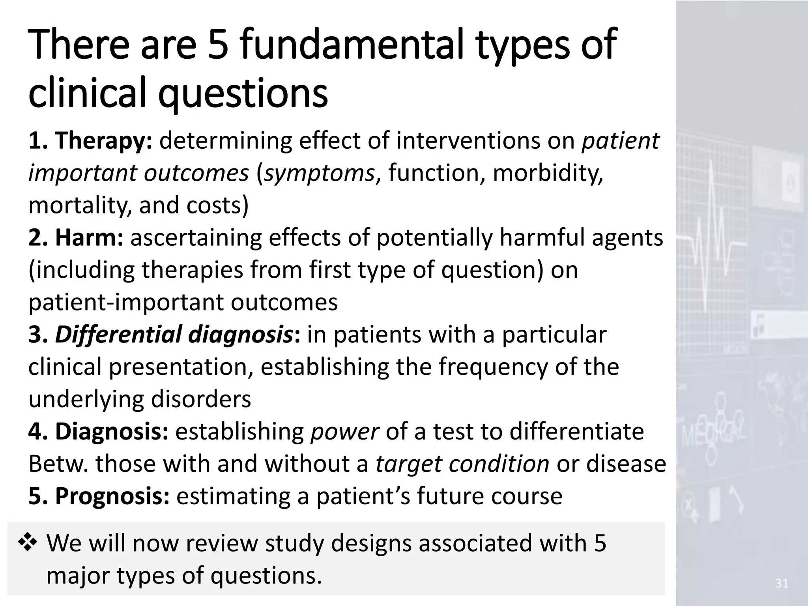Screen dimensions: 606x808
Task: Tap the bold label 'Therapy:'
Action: click(x=103, y=141)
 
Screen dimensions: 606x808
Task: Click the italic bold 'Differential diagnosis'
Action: click(x=174, y=335)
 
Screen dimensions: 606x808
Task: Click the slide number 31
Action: click(x=782, y=584)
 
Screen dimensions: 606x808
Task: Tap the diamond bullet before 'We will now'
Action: click(x=28, y=543)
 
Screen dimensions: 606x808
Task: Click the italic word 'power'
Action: click(x=344, y=432)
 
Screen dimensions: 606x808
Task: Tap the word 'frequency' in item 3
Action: click(x=493, y=367)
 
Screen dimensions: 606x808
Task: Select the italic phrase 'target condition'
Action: click(x=462, y=464)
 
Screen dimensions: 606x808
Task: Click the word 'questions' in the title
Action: click(x=243, y=94)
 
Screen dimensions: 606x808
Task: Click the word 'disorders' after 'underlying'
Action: click(x=201, y=399)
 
